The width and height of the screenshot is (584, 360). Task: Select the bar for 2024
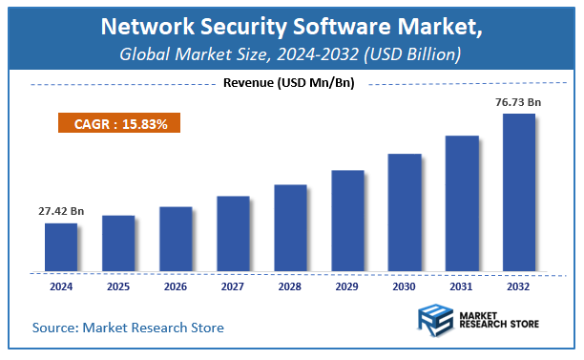pos(61,246)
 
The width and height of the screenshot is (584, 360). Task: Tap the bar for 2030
pos(405,211)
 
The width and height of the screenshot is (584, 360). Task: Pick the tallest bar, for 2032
pos(519,193)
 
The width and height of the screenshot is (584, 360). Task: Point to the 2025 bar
pos(118,243)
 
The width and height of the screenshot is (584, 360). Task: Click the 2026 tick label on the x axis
pos(176,286)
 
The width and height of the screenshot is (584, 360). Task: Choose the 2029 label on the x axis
pos(347,286)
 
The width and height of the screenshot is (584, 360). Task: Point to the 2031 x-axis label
pos(462,286)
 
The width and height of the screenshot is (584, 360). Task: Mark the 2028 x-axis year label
pos(290,286)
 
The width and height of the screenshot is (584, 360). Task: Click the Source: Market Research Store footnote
pos(128,328)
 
